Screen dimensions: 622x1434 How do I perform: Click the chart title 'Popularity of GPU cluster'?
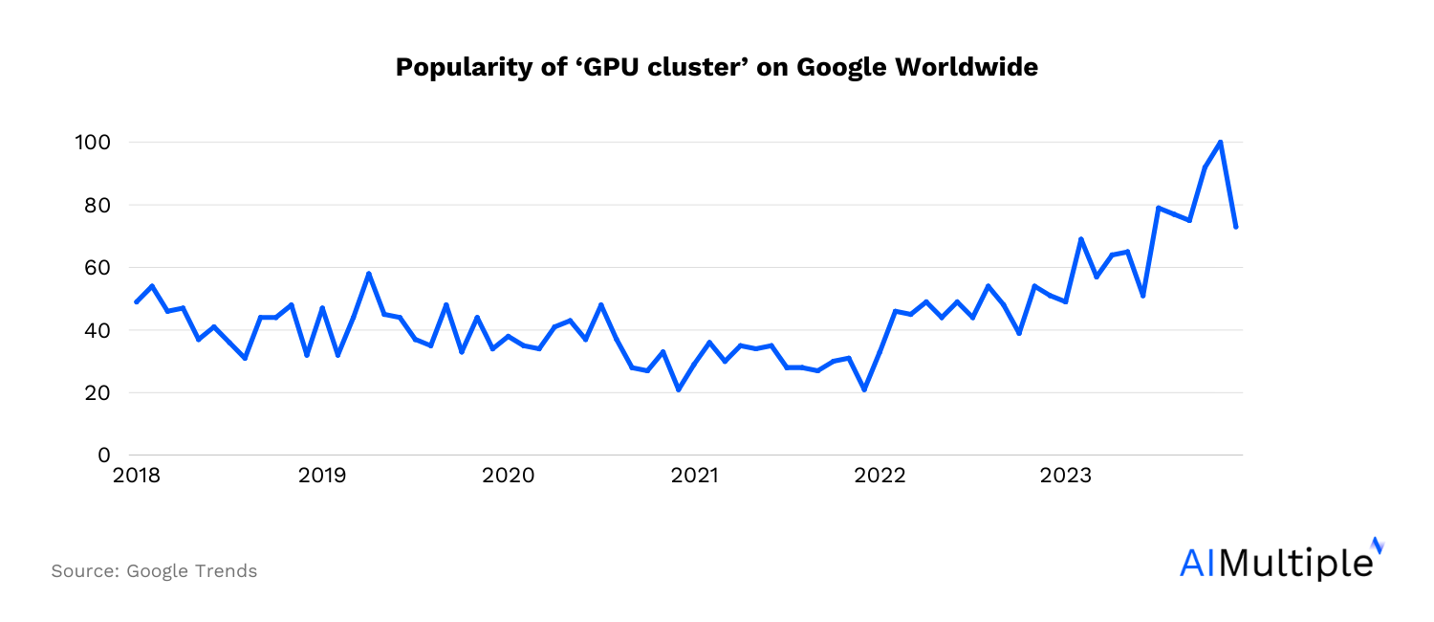point(716,68)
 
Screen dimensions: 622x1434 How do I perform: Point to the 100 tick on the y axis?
point(93,143)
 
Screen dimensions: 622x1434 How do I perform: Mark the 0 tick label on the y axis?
point(104,455)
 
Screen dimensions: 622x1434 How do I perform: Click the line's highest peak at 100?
point(1220,143)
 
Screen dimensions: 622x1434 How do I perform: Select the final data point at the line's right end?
point(1236,227)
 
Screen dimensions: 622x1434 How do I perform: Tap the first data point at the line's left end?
point(137,301)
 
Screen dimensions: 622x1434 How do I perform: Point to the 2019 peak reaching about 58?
point(369,274)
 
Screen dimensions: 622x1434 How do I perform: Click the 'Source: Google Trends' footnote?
point(154,571)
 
